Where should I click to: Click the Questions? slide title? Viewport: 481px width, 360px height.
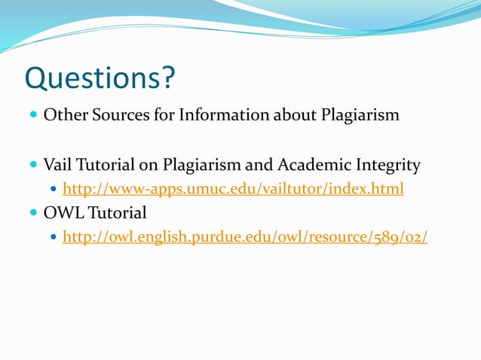[x=100, y=78]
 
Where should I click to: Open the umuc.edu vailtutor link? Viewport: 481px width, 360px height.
[x=233, y=189]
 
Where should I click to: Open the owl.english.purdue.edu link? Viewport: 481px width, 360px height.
[x=245, y=237]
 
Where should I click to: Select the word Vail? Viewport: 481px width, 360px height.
[x=57, y=164]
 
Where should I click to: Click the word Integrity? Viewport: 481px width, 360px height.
[x=384, y=164]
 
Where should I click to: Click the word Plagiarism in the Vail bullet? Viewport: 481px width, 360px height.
[x=204, y=164]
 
